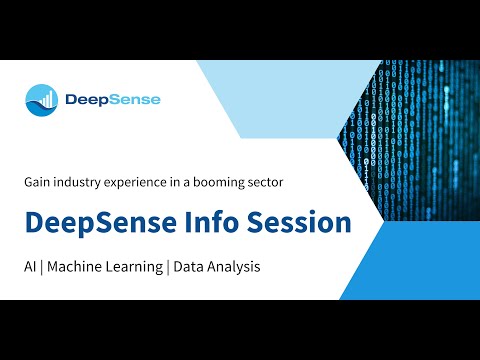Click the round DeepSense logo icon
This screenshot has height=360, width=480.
pyautogui.click(x=42, y=99)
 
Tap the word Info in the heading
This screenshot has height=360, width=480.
pyautogui.click(x=212, y=222)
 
